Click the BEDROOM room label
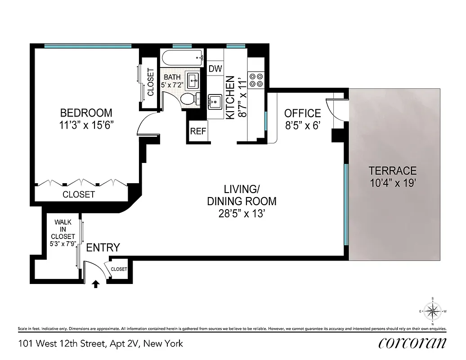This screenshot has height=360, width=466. point(86,113)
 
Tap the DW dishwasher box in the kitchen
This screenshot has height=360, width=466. point(215,69)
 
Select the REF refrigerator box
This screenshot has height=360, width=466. point(198,131)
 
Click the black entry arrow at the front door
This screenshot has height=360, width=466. point(95,284)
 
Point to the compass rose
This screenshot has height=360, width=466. point(432,310)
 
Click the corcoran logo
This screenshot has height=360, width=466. point(412,343)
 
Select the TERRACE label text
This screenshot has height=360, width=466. point(393,171)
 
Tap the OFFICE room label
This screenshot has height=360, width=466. point(303,113)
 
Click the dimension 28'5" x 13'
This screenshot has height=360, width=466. point(242,214)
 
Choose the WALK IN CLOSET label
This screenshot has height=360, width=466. point(63,229)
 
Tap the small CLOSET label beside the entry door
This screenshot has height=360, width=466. point(119,269)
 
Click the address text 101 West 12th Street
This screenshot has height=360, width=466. point(62,344)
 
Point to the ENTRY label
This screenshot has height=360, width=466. point(103,247)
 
